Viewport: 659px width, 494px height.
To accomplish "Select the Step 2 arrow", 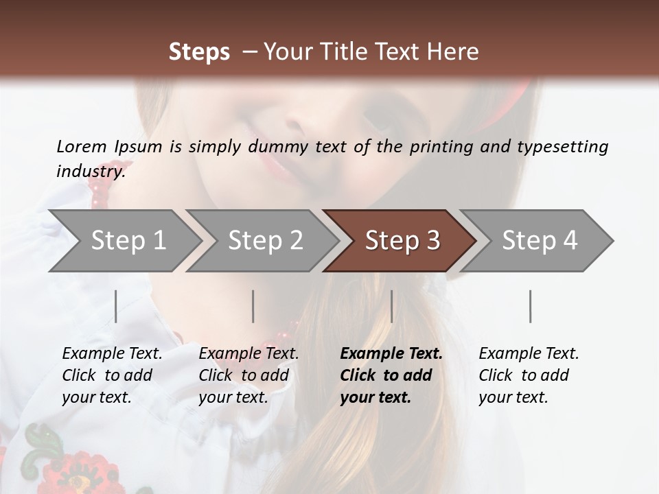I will (265, 241).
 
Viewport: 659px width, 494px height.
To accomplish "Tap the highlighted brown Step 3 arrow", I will (402, 241).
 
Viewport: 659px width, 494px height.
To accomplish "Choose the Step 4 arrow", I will (540, 241).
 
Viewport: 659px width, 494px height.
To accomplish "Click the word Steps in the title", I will (199, 52).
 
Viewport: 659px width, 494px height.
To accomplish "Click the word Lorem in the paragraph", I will (80, 146).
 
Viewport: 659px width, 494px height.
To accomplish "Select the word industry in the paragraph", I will (90, 172).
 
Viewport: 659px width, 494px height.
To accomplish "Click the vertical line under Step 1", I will (116, 306).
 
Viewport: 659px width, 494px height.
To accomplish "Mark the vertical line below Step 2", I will (253, 306).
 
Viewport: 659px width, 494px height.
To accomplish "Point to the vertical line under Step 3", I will (392, 306).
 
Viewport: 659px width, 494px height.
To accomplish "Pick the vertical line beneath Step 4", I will (530, 306).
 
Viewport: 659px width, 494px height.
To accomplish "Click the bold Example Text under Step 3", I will (391, 353).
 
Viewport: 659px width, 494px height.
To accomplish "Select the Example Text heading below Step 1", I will (112, 353).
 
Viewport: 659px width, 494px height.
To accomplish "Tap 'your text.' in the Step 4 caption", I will (513, 397).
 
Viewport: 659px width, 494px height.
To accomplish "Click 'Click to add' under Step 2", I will (244, 375).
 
